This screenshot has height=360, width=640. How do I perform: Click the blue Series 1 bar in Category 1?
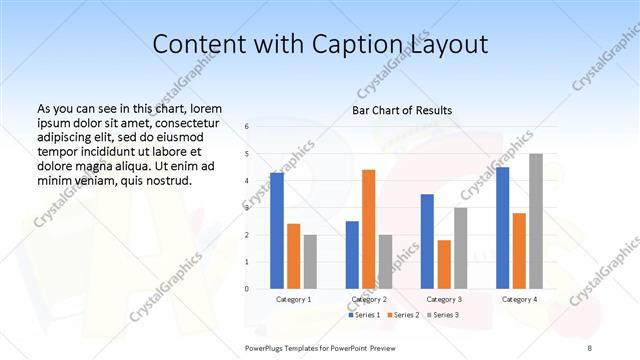point(276,230)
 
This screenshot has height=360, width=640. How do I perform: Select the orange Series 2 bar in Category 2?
point(368,229)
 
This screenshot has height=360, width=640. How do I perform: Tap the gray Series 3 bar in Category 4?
point(535,221)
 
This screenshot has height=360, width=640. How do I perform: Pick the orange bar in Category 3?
point(443,264)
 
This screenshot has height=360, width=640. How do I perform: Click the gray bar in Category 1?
point(310,261)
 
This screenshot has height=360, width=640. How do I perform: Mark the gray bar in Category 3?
point(460,247)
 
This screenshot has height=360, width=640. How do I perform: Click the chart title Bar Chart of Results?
point(401,110)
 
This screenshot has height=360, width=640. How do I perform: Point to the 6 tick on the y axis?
point(247,127)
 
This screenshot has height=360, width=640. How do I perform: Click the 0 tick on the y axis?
point(247,288)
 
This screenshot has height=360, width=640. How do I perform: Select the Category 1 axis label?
point(293,299)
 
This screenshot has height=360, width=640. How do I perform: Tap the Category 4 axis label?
point(518,299)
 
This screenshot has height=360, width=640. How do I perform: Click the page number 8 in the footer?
point(590,345)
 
